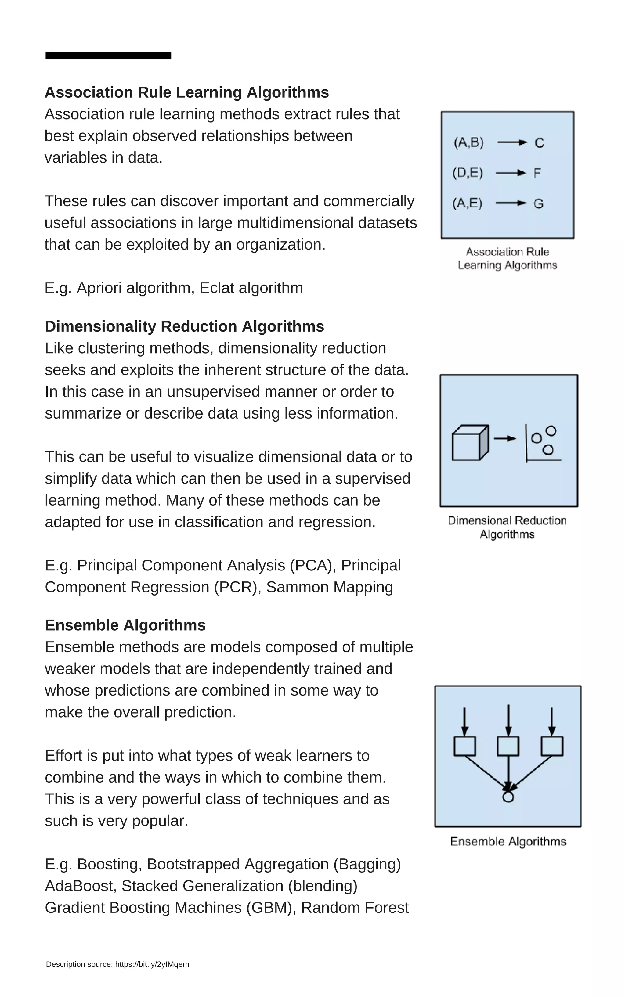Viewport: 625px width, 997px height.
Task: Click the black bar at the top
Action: pyautogui.click(x=108, y=55)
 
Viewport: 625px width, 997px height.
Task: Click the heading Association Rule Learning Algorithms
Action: pyautogui.click(x=186, y=92)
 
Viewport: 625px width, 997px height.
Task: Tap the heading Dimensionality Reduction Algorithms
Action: pyautogui.click(x=184, y=326)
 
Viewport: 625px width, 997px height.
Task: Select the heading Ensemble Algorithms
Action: pyautogui.click(x=125, y=625)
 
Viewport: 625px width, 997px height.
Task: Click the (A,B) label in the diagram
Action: pyautogui.click(x=469, y=142)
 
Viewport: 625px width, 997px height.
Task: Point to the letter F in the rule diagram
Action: pyautogui.click(x=537, y=173)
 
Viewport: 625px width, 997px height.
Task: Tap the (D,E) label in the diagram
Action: pyautogui.click(x=468, y=172)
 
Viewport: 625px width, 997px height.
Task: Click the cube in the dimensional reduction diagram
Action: pyautogui.click(x=470, y=443)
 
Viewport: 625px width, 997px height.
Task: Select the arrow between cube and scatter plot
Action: pyautogui.click(x=505, y=438)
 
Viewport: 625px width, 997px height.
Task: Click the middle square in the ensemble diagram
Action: pyautogui.click(x=508, y=746)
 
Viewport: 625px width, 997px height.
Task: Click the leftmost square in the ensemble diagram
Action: pyautogui.click(x=464, y=746)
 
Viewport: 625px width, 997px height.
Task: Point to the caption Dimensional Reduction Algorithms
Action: pyautogui.click(x=507, y=527)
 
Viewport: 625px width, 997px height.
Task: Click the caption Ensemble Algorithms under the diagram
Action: pyautogui.click(x=508, y=842)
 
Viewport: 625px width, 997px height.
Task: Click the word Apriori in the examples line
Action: pyautogui.click(x=99, y=288)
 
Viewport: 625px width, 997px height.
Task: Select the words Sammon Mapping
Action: pyautogui.click(x=330, y=587)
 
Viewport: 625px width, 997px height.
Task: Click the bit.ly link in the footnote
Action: pyautogui.click(x=152, y=964)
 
